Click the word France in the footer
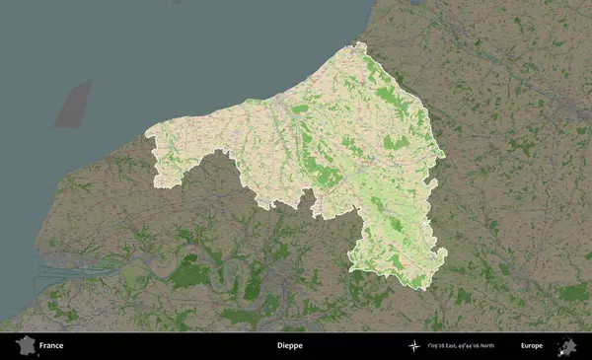[51, 346]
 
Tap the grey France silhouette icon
[24, 346]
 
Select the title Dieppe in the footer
[289, 346]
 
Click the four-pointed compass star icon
[413, 346]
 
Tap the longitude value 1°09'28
[435, 346]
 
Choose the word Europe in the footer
[532, 346]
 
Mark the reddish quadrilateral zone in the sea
[72, 105]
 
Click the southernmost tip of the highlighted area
[423, 289]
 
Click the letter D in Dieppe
[278, 346]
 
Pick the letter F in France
[41, 346]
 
